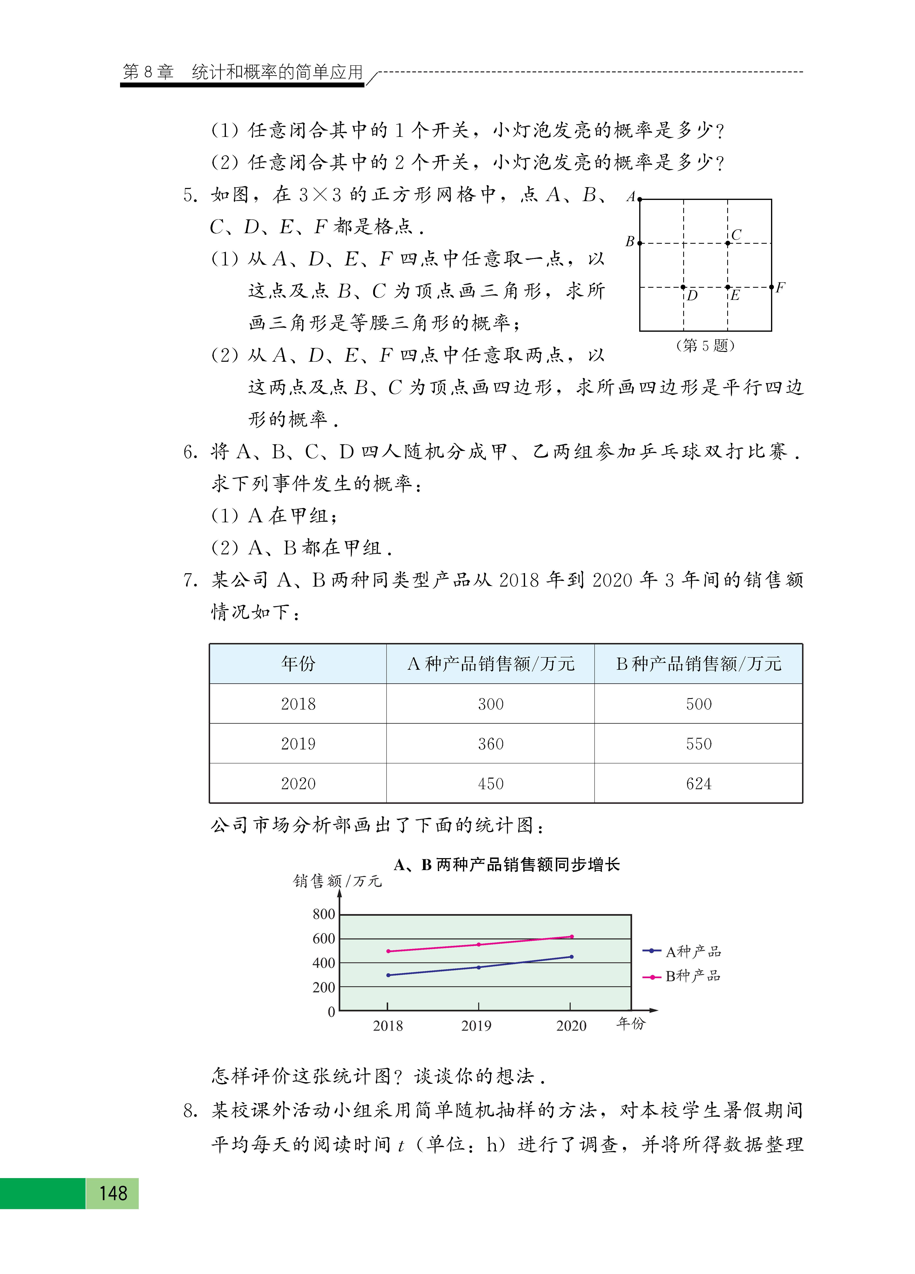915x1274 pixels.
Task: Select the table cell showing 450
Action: (490, 783)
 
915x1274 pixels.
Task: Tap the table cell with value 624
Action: (698, 783)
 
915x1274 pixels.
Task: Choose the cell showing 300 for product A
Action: (490, 703)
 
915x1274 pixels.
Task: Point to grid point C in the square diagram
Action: (727, 243)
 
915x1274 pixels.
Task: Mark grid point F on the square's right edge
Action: (771, 287)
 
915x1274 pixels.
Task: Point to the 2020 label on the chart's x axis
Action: (571, 1026)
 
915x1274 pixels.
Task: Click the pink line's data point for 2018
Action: (388, 951)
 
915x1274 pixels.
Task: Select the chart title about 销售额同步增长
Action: (507, 864)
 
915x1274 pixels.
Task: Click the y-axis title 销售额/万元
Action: (337, 881)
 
